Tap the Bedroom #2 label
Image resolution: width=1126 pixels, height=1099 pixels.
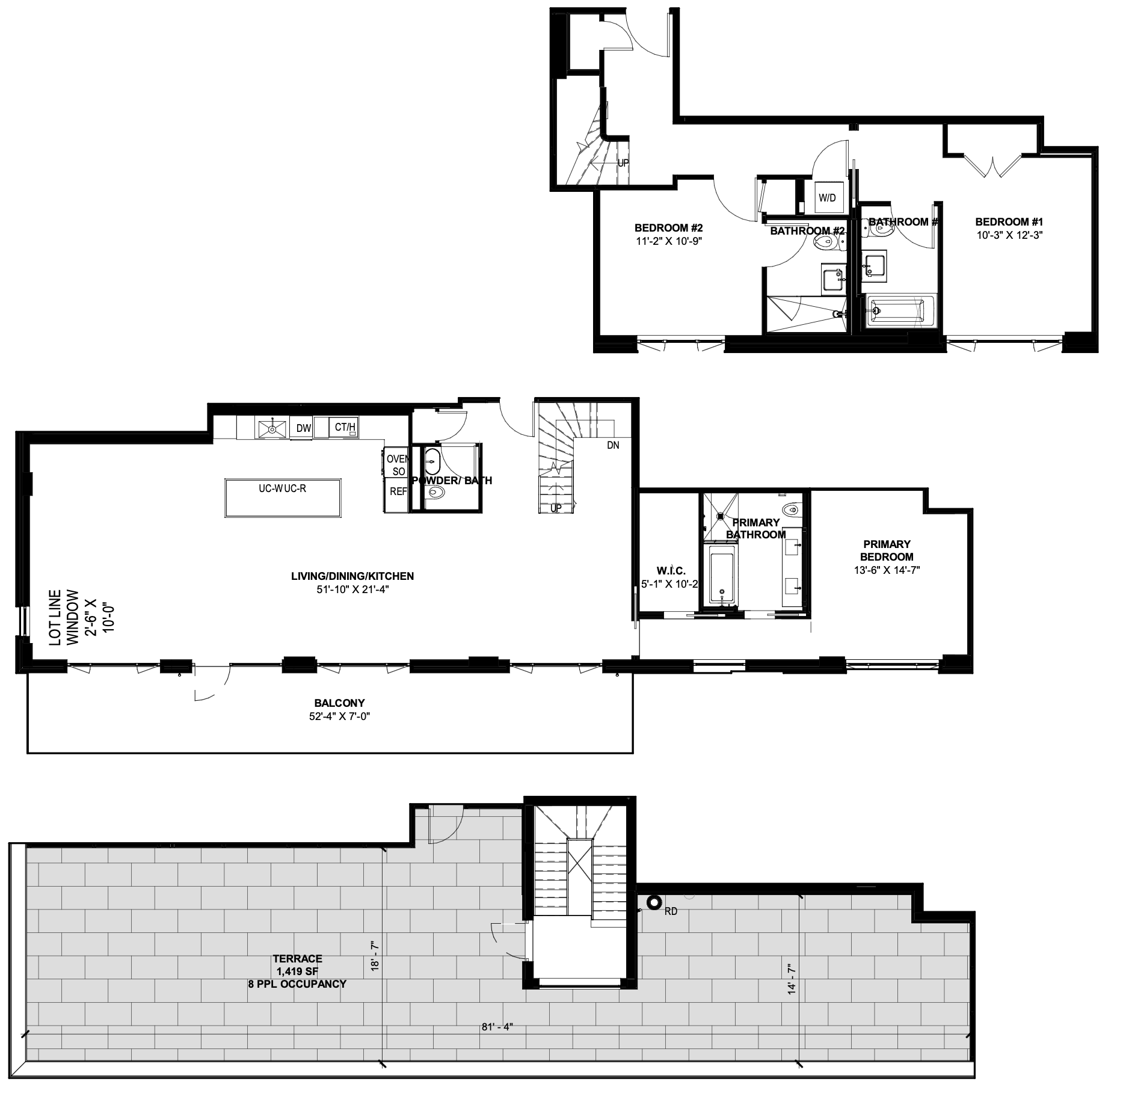669,229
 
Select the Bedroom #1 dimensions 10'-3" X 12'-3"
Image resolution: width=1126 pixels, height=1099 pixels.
1008,235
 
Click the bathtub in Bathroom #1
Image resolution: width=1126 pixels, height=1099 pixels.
900,312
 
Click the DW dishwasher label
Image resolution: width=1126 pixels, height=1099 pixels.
303,428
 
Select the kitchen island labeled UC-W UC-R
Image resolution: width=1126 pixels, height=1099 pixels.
283,497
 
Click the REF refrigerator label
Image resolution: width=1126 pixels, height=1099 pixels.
398,491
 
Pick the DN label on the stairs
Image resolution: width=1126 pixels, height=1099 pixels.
613,446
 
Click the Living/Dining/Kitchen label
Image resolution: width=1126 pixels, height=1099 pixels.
352,576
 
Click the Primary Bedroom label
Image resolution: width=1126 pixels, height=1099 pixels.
886,550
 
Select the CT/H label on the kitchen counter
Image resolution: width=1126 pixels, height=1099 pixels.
345,427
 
